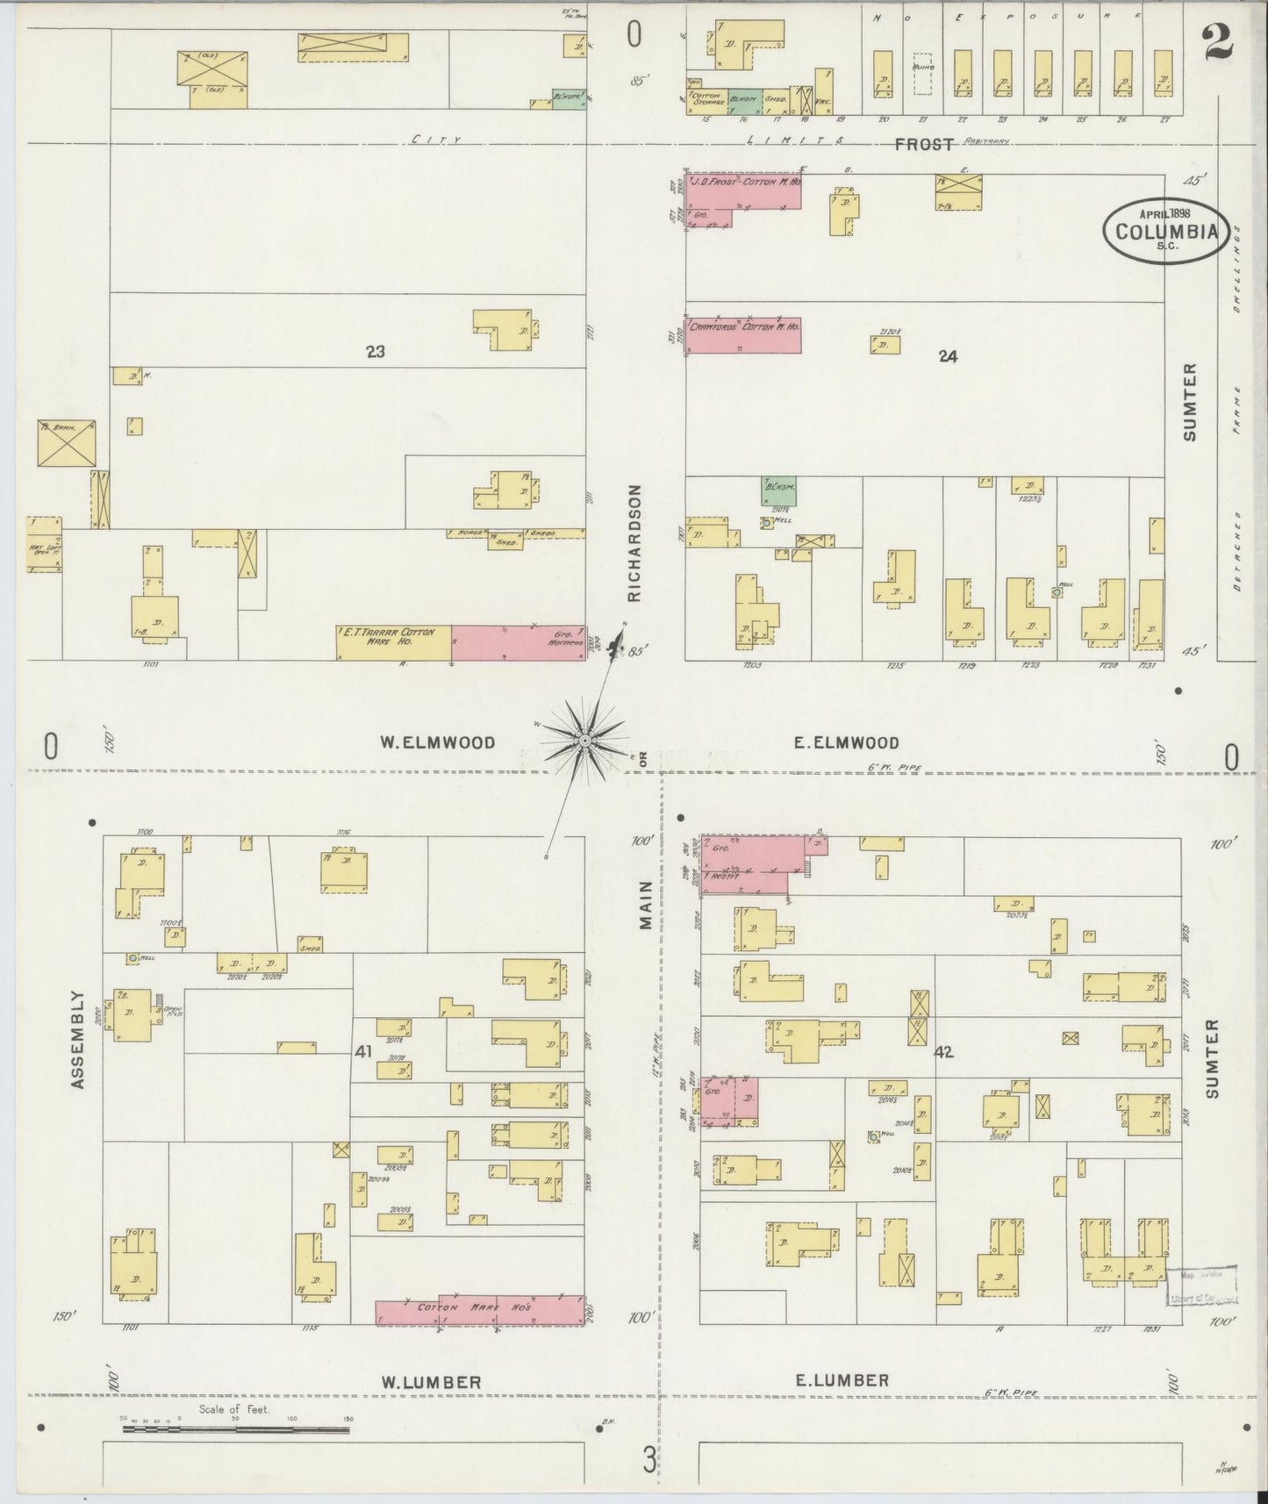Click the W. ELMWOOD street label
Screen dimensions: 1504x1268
[x=437, y=743]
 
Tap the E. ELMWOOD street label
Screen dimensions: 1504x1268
[x=846, y=743]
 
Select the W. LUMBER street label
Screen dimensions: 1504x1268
[x=430, y=1382]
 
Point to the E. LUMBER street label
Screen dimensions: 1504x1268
[x=842, y=1380]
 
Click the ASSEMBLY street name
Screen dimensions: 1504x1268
[x=79, y=1040]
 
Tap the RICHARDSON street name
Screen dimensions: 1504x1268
[x=634, y=543]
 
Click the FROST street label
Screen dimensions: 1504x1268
[x=923, y=144]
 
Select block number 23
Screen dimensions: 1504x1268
[x=376, y=352]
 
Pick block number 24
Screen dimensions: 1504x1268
[x=947, y=356]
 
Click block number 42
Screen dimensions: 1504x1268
[x=943, y=1052]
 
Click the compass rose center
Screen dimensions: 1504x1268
[x=584, y=742]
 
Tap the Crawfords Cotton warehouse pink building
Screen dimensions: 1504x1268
[x=743, y=334]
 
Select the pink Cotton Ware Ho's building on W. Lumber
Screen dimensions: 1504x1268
[x=480, y=1309]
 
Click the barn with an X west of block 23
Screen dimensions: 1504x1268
[x=66, y=443]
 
